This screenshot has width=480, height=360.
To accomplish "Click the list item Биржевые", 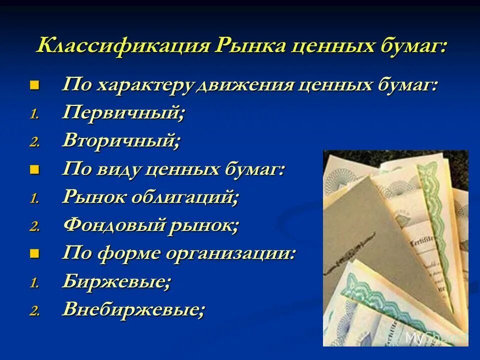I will point(116,282).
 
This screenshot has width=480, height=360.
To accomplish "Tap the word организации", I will point(231,253).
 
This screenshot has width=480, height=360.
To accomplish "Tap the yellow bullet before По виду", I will point(34,169).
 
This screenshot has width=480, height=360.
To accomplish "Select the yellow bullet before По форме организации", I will point(34,253).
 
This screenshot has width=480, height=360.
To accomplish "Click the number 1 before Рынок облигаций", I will point(33,199).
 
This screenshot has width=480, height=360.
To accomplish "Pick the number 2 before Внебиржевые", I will point(33,311).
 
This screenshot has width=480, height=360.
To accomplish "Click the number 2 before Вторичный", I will point(33,142).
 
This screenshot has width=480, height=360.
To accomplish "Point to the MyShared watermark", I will point(435,337).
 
